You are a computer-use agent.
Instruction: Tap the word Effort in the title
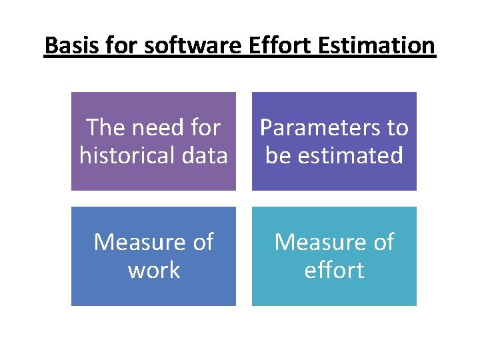coord(278,47)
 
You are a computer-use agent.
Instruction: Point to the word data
coord(203,155)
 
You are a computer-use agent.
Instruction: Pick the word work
coord(154,271)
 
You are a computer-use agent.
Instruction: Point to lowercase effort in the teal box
coord(334,271)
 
